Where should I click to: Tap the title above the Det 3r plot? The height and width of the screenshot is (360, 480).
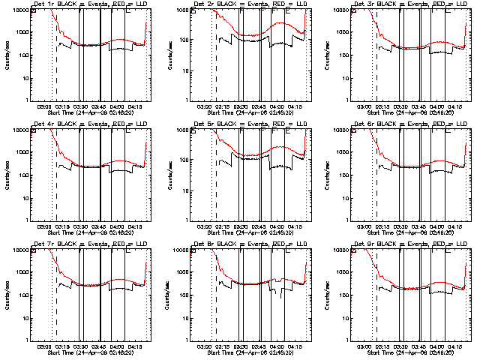pyautogui.click(x=397, y=4)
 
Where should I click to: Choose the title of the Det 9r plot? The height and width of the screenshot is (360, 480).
pyautogui.click(x=397, y=244)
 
